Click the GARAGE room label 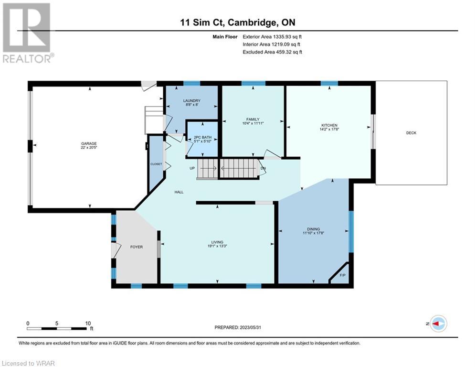[89, 143]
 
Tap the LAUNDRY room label [192, 101]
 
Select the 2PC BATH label [203, 138]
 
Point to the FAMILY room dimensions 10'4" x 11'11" [253, 123]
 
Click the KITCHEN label [329, 125]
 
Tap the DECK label [411, 133]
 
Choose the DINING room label [313, 229]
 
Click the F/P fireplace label [343, 275]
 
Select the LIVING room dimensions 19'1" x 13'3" [217, 246]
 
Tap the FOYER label [137, 247]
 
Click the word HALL [179, 192]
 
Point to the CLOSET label [156, 164]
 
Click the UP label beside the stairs [192, 168]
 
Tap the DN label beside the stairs [263, 168]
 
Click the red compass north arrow [435, 324]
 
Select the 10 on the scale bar [88, 324]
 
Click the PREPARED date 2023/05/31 [250, 327]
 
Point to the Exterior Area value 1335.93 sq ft [287, 37]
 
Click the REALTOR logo [28, 33]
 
